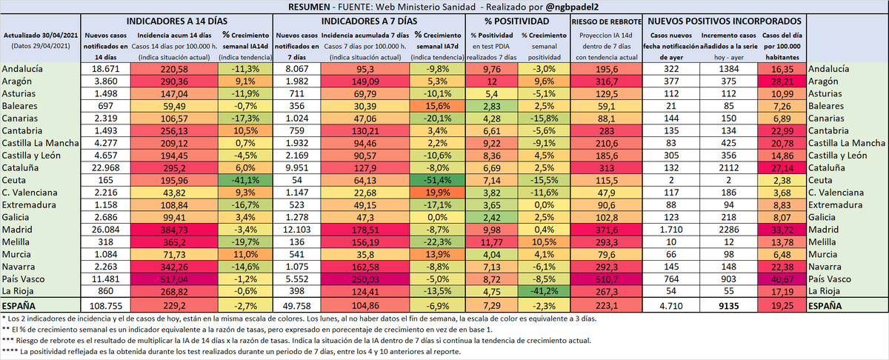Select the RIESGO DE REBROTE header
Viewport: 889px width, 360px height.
point(606,21)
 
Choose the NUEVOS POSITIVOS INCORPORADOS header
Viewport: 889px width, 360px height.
point(725,21)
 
